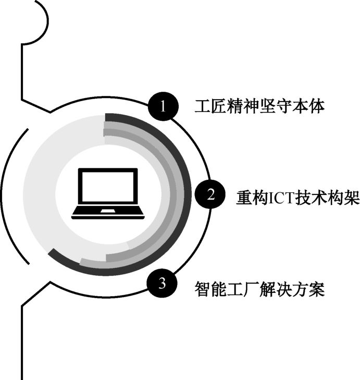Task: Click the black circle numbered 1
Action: pos(163,106)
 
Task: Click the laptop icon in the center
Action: pos(108,193)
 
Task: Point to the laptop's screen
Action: pos(108,187)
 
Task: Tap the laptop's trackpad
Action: pos(108,211)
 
